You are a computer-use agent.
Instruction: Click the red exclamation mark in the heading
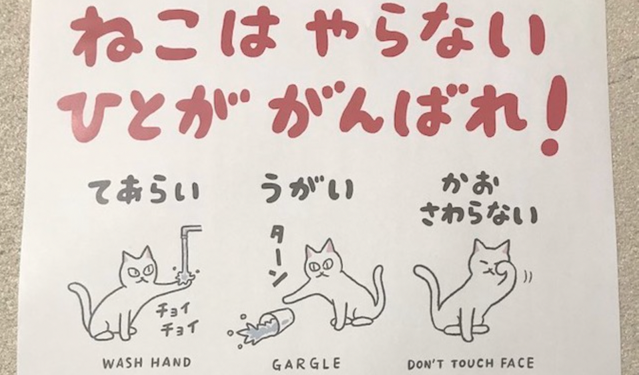(x=552, y=116)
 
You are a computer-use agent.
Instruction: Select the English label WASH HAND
(x=147, y=362)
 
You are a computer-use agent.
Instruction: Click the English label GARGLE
(x=306, y=363)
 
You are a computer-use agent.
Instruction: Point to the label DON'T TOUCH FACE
(x=471, y=363)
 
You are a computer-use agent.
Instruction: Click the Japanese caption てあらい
(x=144, y=191)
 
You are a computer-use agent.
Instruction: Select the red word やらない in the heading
(x=420, y=34)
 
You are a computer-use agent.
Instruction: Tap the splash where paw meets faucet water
(x=185, y=276)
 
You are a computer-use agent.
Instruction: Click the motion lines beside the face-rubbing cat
(x=527, y=278)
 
